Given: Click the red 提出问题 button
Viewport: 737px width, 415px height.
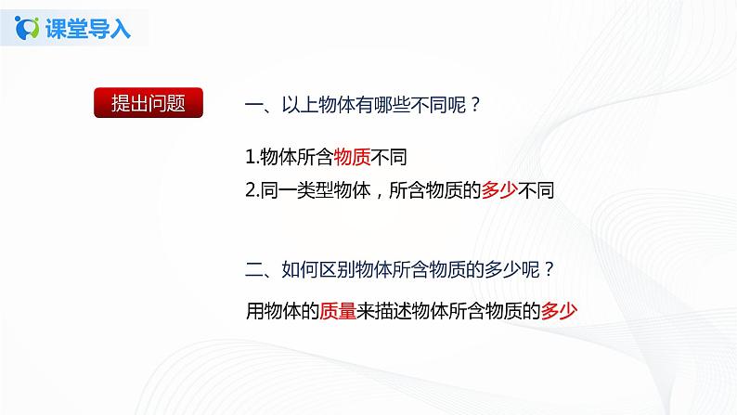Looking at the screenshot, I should [148, 103].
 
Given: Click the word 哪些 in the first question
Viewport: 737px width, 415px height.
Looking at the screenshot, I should [394, 105].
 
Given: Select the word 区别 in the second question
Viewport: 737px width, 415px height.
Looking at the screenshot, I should [338, 270].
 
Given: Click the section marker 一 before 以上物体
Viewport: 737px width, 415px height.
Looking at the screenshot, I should [253, 105].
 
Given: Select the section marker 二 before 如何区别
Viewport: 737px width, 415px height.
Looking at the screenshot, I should [253, 270].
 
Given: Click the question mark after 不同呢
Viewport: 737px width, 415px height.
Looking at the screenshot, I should [475, 105].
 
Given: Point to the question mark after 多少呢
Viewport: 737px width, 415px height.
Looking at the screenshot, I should [550, 270].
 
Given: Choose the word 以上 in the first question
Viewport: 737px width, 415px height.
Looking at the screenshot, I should [300, 105].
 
